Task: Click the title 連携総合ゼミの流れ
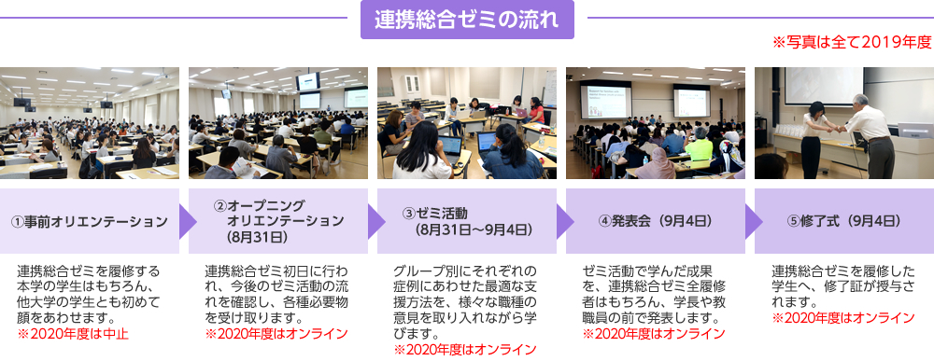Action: tap(467, 20)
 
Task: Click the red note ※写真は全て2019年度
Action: tap(852, 42)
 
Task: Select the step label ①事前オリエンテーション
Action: tap(90, 222)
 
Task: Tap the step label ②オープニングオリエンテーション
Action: tap(278, 221)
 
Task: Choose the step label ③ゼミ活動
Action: tap(466, 221)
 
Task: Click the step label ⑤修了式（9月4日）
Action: tap(843, 221)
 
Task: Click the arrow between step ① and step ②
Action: tap(188, 222)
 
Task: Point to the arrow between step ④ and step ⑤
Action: tap(754, 222)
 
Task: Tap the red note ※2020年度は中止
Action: tap(73, 334)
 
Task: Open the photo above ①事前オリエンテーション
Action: tap(90, 123)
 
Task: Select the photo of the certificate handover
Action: tap(844, 123)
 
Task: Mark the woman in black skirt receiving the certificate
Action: tap(814, 140)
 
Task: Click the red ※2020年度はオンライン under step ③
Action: tap(465, 349)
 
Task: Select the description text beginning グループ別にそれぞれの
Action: tap(465, 302)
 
